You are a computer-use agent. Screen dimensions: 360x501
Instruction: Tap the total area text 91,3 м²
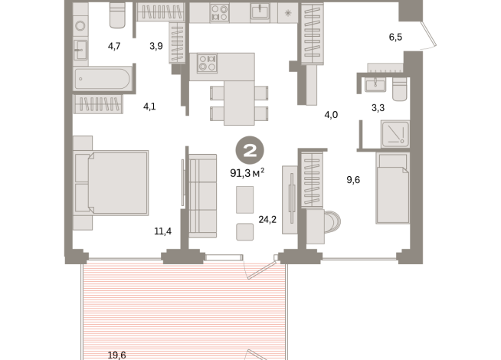pyautogui.click(x=247, y=172)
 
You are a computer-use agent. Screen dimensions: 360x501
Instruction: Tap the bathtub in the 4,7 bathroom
pyautogui.click(x=103, y=79)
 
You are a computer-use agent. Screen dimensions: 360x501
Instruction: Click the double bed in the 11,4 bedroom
pyautogui.click(x=110, y=182)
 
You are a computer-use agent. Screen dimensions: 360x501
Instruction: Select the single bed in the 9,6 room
pyautogui.click(x=393, y=188)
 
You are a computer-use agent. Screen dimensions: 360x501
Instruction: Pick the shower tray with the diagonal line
pyautogui.click(x=396, y=135)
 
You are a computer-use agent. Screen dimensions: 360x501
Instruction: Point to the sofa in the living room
pyautogui.click(x=203, y=195)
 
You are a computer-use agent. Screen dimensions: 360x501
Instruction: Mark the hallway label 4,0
pyautogui.click(x=330, y=115)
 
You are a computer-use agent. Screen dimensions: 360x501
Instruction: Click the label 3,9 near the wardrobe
pyautogui.click(x=156, y=46)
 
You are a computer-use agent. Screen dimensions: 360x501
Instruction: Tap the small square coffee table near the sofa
pyautogui.click(x=246, y=232)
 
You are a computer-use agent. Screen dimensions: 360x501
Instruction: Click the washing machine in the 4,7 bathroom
pyautogui.click(x=81, y=25)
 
